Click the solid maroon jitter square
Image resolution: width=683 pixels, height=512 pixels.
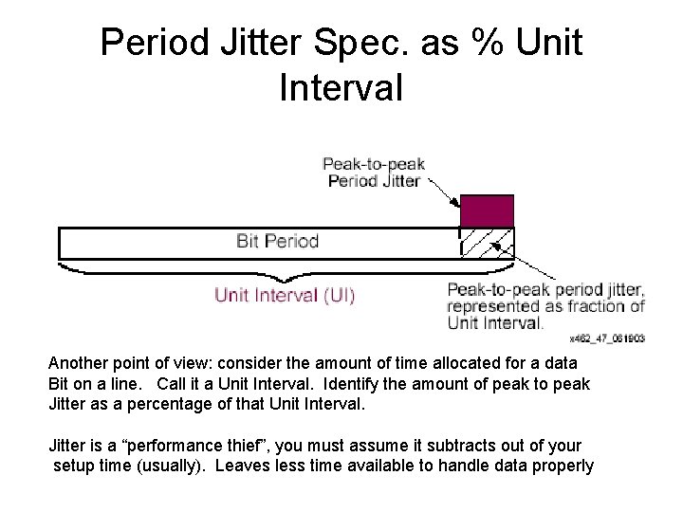pyautogui.click(x=487, y=210)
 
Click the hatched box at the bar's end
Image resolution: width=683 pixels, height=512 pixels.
pyautogui.click(x=487, y=243)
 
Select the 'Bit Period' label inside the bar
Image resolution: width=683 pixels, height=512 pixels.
pyautogui.click(x=277, y=241)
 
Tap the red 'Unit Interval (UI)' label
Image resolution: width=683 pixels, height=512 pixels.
pyautogui.click(x=285, y=295)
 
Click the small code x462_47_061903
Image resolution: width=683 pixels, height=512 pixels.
pyautogui.click(x=607, y=338)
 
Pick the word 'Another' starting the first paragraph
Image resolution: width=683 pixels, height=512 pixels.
pyautogui.click(x=81, y=364)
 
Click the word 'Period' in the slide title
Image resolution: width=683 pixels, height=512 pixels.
pyautogui.click(x=153, y=43)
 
